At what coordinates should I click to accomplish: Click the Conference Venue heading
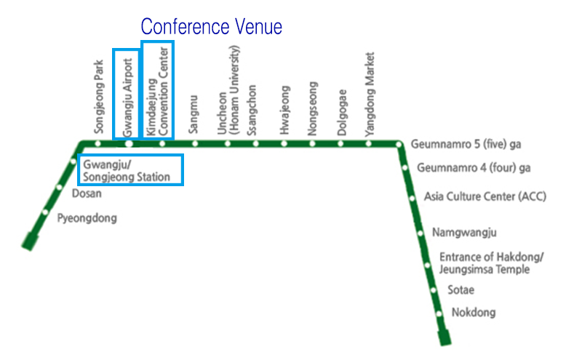click(211, 26)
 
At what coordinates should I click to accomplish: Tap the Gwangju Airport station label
click(127, 97)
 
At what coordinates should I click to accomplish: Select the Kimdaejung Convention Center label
click(158, 92)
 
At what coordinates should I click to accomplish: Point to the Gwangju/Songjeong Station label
click(127, 170)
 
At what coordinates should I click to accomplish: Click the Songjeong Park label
click(99, 97)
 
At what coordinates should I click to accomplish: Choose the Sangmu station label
click(194, 114)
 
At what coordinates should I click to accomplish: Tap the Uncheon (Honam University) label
click(228, 89)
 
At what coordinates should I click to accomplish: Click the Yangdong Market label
click(370, 95)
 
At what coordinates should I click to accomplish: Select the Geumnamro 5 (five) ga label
click(466, 144)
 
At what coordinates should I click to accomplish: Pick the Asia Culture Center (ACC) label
click(485, 196)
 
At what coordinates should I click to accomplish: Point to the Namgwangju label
click(464, 233)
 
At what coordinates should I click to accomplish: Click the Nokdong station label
click(474, 313)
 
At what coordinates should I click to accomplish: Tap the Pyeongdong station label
click(87, 218)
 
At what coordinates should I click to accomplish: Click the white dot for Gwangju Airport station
click(129, 143)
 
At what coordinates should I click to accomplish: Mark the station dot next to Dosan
click(59, 188)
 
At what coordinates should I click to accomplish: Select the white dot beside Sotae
click(433, 290)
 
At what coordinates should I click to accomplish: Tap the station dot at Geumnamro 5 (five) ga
click(398, 144)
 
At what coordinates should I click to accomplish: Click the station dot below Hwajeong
click(284, 143)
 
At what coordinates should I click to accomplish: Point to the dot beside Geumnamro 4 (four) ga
click(405, 168)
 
